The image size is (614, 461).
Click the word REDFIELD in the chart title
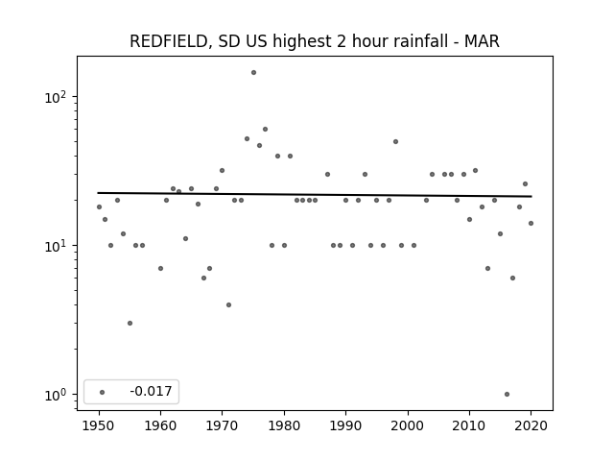coord(169,41)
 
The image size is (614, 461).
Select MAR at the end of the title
coord(482,41)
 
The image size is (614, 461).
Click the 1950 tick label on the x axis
coord(99,425)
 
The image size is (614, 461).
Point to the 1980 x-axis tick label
coord(284,425)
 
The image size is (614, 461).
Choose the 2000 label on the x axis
coord(408,425)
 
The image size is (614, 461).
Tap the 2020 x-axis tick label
coord(531,425)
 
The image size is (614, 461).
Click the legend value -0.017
coord(151,391)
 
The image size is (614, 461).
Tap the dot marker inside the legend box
coord(103,392)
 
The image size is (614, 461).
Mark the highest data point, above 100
coord(253,73)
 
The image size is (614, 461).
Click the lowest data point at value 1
coord(507,395)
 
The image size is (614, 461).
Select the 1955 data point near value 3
coord(130,323)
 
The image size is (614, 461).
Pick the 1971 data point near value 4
coord(228,305)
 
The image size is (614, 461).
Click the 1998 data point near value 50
coord(395,141)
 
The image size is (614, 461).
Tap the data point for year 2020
coord(531,224)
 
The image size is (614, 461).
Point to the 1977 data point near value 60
coord(265,129)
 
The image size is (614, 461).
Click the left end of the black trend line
coord(98,193)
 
